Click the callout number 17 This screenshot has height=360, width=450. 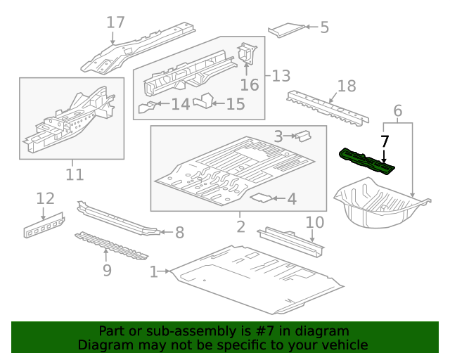point(115,22)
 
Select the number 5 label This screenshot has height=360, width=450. point(324,27)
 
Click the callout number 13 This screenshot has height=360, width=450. point(281,75)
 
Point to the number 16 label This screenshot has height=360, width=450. point(250,85)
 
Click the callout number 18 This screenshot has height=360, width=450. point(347,86)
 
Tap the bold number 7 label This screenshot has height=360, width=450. point(385,141)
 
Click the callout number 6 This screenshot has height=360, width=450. point(397,110)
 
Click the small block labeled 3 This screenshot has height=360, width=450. point(302,134)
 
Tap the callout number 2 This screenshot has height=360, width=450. point(240,226)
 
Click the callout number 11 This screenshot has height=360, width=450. point(75,174)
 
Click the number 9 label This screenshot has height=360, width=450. point(106,269)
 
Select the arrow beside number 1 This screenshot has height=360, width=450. point(166,271)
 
